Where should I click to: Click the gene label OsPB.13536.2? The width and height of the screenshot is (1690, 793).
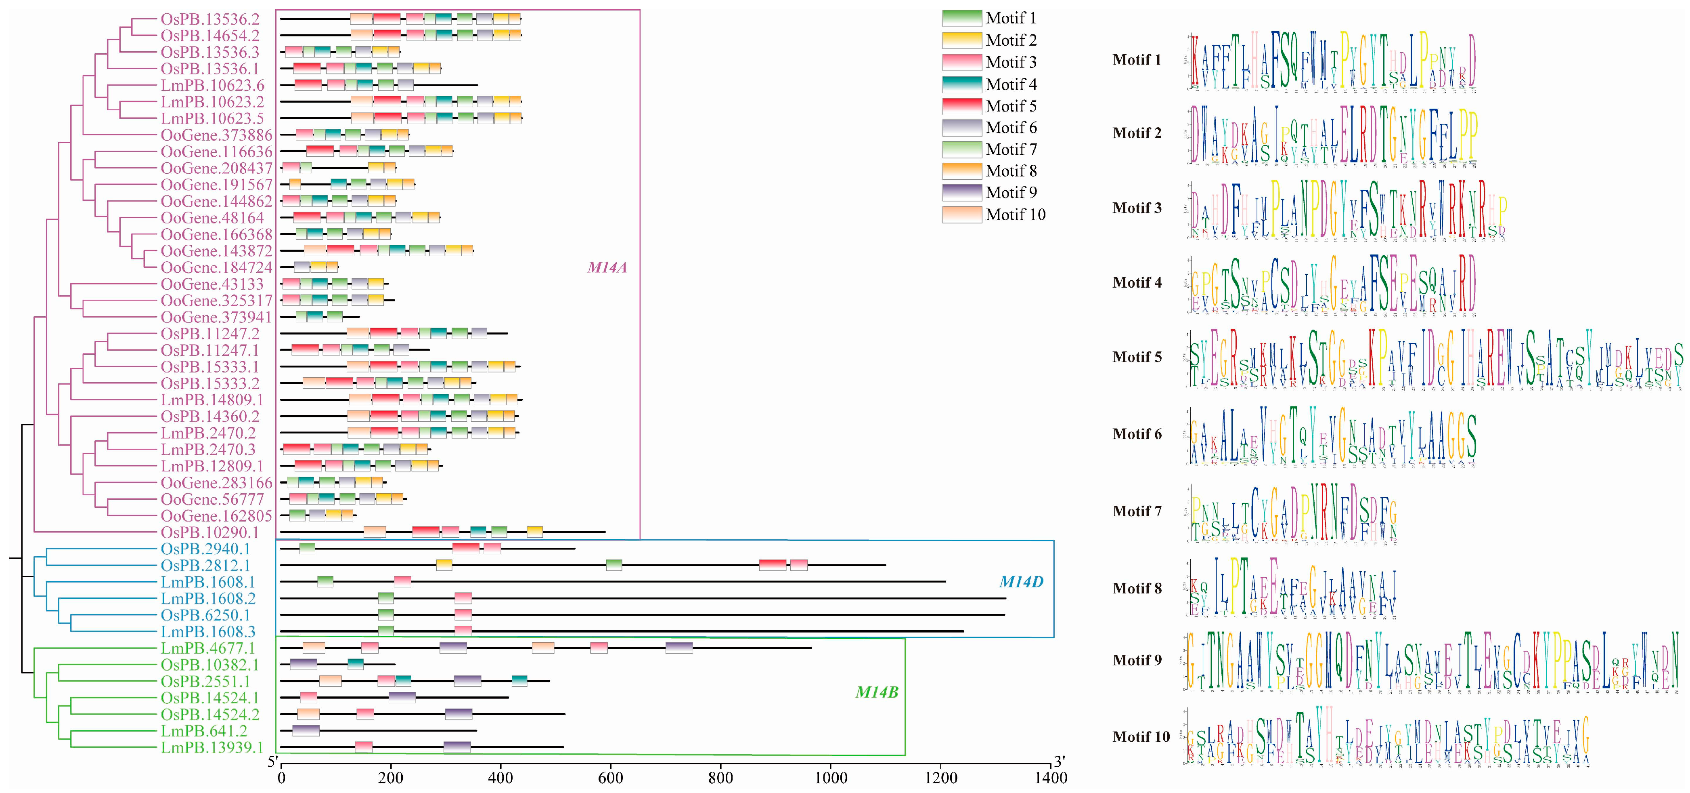tap(210, 19)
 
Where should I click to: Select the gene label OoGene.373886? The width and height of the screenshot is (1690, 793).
tap(216, 135)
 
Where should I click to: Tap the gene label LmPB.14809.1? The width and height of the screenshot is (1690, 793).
tap(212, 400)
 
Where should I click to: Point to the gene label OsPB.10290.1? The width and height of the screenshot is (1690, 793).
tap(210, 532)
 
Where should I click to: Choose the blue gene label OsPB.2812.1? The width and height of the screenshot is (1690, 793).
tap(205, 565)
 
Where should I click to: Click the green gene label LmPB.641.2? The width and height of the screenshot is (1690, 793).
tap(204, 731)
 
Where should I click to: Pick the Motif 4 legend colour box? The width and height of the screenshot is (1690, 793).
tap(962, 84)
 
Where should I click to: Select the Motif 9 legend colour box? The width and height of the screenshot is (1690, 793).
tap(962, 192)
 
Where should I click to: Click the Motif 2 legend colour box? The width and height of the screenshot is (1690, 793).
tap(962, 40)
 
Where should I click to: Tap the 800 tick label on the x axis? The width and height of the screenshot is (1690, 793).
tap(720, 778)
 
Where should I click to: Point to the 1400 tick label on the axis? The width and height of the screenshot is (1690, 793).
tap(1050, 778)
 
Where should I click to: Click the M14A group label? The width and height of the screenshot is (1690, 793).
tap(607, 267)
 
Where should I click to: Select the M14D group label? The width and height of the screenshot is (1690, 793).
tap(1021, 582)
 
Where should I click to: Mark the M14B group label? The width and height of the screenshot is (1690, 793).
tap(877, 692)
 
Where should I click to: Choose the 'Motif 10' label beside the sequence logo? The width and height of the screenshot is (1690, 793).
tap(1141, 736)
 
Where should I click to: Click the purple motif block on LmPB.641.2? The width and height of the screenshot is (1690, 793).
tap(306, 731)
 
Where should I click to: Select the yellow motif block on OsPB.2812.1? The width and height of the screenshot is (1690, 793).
tap(444, 565)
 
